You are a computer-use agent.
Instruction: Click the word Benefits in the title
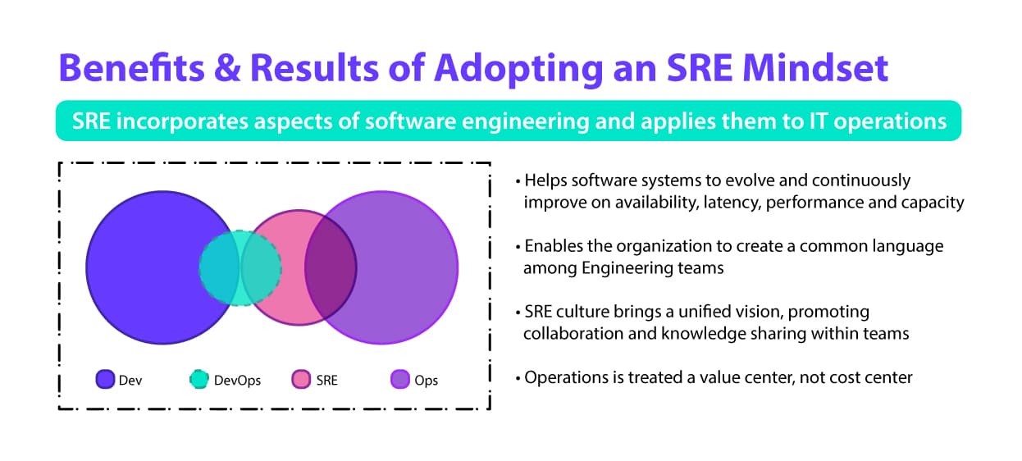pos(132,67)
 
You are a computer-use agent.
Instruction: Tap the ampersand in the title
pos(227,67)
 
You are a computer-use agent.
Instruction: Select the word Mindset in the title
pos(815,67)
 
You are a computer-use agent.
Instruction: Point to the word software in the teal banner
pos(410,121)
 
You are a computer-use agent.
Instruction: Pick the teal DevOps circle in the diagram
pos(240,268)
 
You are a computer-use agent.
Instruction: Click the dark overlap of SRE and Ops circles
pos(331,267)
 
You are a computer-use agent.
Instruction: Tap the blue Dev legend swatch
pos(105,379)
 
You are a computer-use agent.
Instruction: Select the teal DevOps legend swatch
pos(199,379)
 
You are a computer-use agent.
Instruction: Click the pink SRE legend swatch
pos(301,379)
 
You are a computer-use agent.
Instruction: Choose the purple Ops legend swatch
pos(400,379)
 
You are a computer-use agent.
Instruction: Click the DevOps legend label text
pos(237,381)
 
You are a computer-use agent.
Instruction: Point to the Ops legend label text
pos(427,381)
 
